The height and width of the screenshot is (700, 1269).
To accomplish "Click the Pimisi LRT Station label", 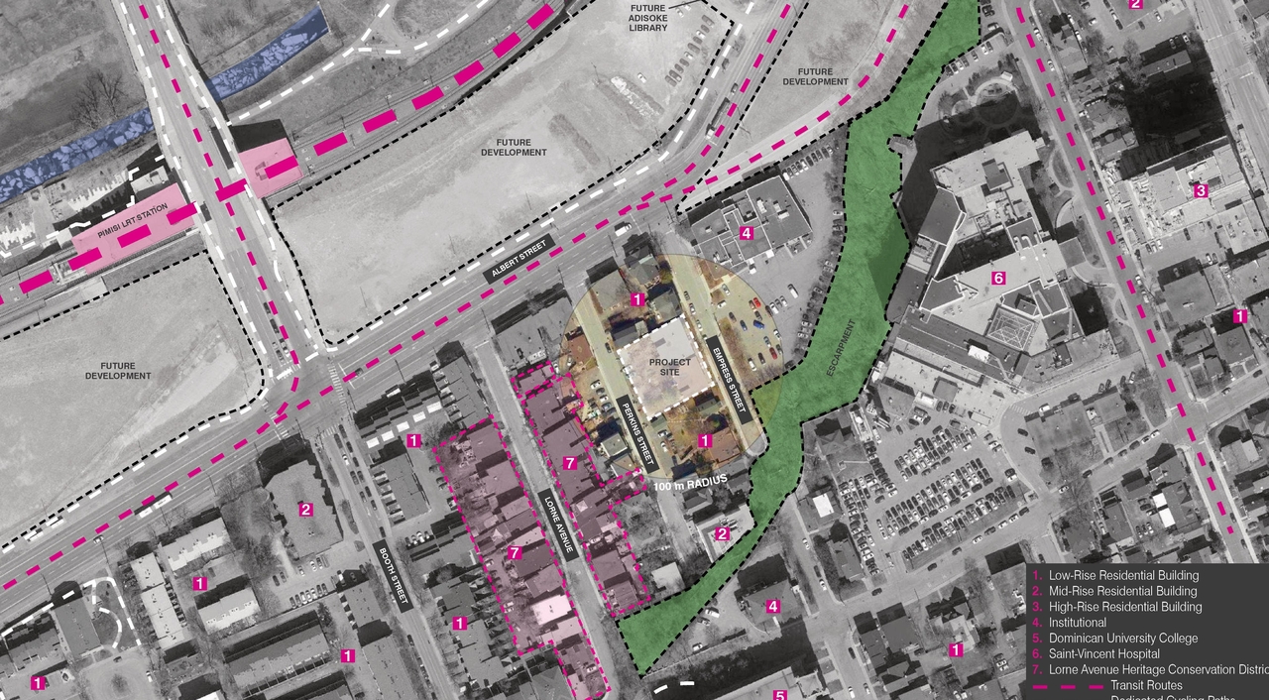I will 133,230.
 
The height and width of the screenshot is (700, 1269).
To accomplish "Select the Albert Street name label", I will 520,261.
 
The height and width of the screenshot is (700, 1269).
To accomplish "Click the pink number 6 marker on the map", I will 998,279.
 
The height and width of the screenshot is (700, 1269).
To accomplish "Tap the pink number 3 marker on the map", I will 1200,190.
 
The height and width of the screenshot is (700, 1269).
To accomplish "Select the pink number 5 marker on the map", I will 780,695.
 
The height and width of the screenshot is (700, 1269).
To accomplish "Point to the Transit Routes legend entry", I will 1146,685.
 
